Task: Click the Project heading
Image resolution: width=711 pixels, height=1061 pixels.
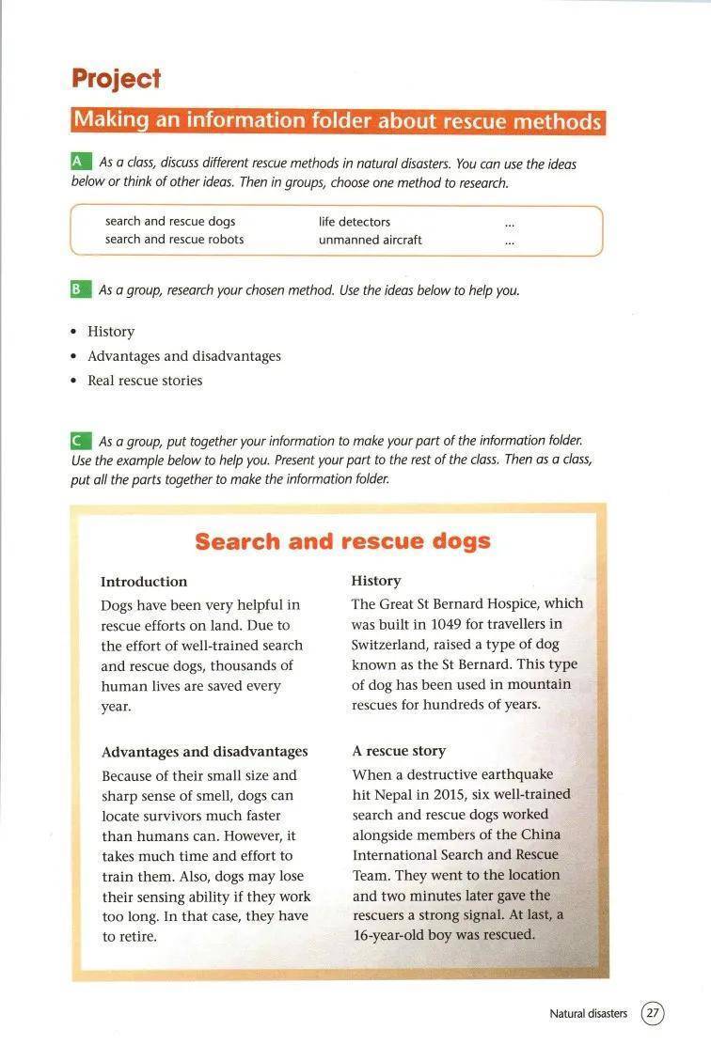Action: point(116,79)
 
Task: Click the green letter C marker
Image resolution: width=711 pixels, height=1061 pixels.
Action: point(81,440)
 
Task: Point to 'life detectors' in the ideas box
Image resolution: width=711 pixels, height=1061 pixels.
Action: point(355,222)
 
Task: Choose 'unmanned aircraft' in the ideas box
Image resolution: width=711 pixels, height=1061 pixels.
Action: point(370,240)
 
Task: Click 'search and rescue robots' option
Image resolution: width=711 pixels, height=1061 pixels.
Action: point(174,240)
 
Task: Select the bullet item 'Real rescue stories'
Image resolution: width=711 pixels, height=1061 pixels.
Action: point(145,381)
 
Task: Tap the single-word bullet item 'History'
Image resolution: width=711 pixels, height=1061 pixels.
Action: point(111,332)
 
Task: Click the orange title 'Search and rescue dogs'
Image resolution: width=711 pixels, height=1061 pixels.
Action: point(342,541)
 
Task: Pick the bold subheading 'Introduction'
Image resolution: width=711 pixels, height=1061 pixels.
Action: point(144,582)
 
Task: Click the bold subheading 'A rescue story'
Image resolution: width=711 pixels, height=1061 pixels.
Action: point(399,751)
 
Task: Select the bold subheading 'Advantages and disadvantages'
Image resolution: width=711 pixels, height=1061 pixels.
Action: point(204,752)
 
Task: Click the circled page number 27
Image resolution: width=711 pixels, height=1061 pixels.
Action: point(653,1014)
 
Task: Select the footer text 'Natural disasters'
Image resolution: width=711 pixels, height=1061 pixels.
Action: point(588,1014)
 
